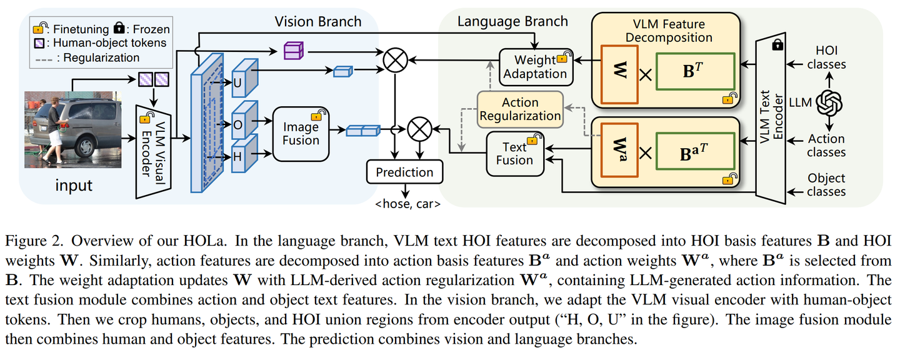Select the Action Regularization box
pos(520,109)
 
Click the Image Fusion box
pos(301,133)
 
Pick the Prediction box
pos(404,172)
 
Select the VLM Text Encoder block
pos(770,119)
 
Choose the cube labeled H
pos(241,156)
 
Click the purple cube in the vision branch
pos(293,51)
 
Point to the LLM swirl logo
pos(829,101)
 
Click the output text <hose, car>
pos(404,203)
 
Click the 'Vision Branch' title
pos(317,21)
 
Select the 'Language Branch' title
pos(512,21)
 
